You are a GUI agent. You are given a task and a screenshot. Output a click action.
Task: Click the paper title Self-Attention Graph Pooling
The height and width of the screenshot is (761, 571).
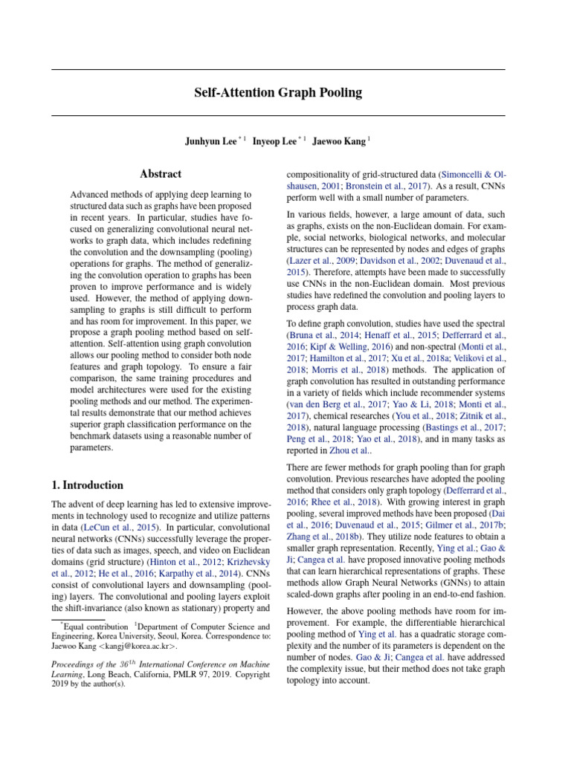point(278,93)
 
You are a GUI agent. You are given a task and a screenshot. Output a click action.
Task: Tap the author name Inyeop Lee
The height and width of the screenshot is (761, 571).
point(274,141)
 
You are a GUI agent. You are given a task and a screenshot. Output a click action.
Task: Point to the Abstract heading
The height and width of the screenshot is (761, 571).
point(161,174)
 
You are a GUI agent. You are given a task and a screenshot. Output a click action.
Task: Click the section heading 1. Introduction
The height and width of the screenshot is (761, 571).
point(88,485)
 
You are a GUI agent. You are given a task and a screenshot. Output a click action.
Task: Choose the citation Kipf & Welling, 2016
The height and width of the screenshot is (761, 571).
point(340,348)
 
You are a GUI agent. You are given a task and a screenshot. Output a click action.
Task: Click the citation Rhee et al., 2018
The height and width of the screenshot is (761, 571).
point(336,502)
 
